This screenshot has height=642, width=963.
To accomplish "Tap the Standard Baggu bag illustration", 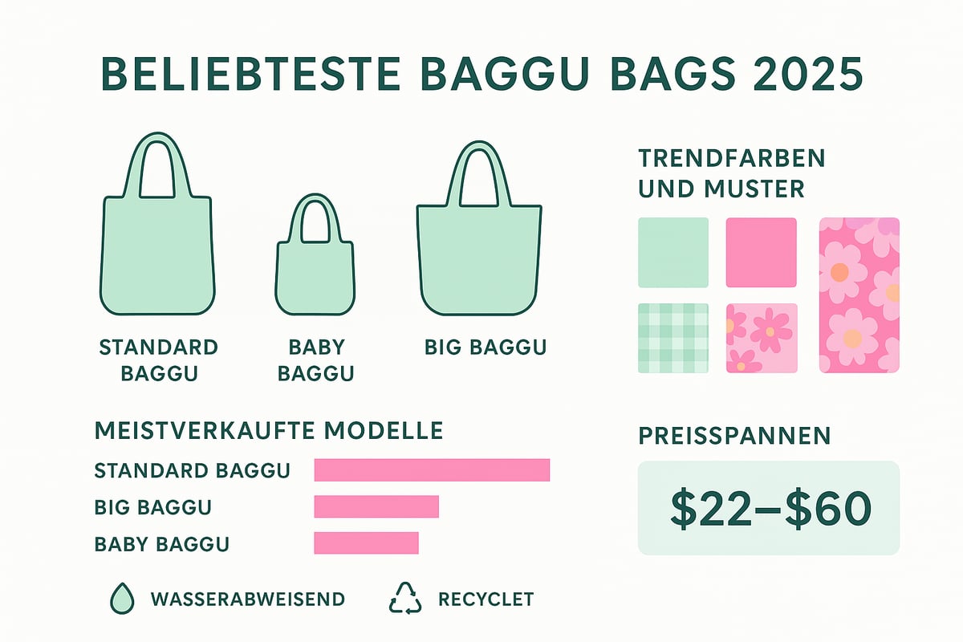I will click(x=157, y=253).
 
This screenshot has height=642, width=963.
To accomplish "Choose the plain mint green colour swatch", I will click(x=673, y=252).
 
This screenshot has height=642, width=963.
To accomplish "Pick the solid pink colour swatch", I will click(x=762, y=252).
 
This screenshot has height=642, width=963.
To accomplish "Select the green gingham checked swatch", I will click(x=673, y=338).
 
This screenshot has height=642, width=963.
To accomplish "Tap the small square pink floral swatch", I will click(x=762, y=338).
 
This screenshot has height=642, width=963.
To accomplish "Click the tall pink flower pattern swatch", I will click(x=859, y=295).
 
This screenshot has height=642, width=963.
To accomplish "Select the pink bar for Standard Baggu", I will click(x=432, y=469).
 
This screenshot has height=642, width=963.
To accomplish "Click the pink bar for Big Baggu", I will click(x=376, y=506).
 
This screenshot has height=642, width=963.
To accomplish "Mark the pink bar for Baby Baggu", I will click(x=366, y=542).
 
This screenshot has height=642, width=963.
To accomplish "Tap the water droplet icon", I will click(x=121, y=599).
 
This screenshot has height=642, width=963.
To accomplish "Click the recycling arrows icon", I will click(x=405, y=599).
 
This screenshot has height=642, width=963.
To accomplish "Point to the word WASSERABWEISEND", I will click(x=247, y=599).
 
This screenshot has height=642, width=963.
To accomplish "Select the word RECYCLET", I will click(x=486, y=599).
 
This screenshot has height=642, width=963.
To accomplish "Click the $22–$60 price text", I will click(x=769, y=507).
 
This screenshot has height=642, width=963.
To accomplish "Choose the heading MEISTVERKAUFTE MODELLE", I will click(x=269, y=430).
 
